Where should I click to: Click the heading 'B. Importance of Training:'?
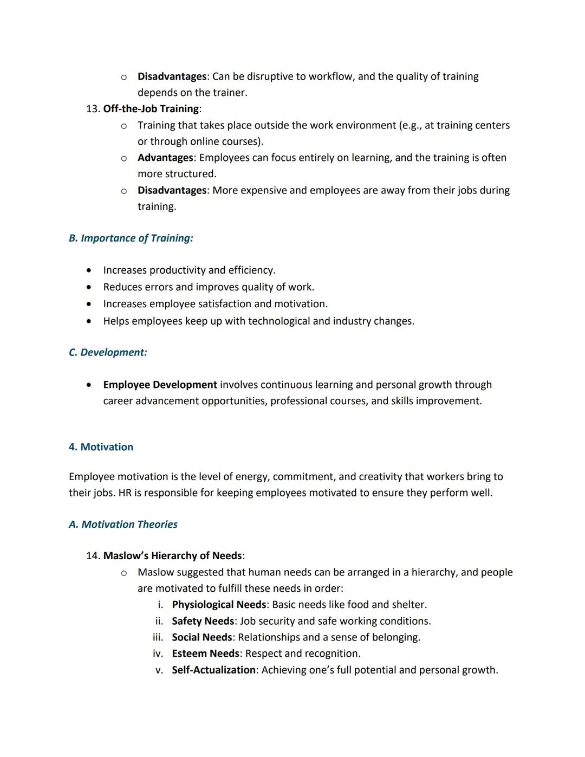click(131, 238)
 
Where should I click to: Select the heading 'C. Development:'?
click(108, 353)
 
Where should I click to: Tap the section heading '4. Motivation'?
click(101, 447)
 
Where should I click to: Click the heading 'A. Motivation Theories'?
click(123, 525)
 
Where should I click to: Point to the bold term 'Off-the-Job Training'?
click(151, 109)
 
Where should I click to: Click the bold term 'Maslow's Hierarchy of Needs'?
click(172, 556)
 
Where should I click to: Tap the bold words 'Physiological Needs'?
click(219, 605)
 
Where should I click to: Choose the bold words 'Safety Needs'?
click(203, 621)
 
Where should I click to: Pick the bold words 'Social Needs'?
click(201, 637)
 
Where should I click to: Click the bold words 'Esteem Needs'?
click(205, 654)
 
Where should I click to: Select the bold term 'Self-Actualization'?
click(213, 670)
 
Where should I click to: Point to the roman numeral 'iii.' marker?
click(158, 637)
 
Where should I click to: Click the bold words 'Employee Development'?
click(160, 385)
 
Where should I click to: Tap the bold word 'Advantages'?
click(165, 158)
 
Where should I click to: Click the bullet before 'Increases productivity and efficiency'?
click(89, 270)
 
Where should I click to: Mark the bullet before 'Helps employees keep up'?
click(89, 321)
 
